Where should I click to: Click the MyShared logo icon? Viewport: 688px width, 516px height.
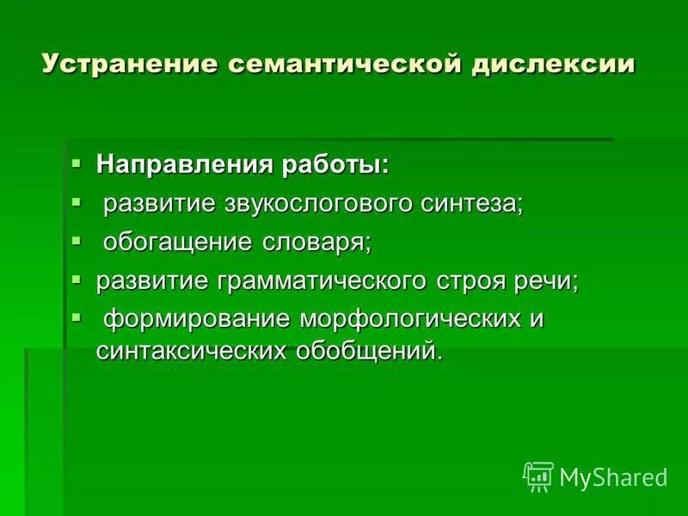(538, 475)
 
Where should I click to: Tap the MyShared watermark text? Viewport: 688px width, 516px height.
(613, 476)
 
